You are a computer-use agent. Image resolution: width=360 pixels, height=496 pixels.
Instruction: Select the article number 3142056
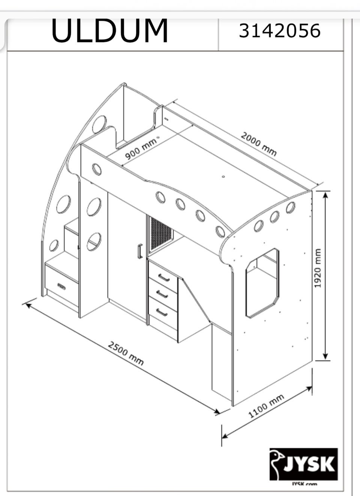point(280,31)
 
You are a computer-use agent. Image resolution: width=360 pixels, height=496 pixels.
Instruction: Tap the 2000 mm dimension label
point(258,144)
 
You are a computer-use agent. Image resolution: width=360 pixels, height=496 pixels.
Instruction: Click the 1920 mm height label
point(318,268)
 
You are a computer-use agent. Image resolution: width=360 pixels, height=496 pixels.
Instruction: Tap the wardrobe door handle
point(140,251)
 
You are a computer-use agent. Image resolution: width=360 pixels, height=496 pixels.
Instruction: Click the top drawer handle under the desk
point(164,277)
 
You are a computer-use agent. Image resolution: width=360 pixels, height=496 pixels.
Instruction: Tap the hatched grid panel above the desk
point(160,235)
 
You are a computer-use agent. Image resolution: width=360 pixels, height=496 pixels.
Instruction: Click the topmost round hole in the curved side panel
point(99,125)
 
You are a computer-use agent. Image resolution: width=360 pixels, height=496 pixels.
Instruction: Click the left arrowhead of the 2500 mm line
point(28,306)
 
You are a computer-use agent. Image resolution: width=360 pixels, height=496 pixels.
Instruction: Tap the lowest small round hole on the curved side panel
point(54,246)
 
